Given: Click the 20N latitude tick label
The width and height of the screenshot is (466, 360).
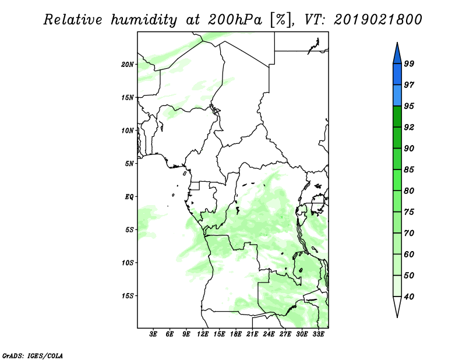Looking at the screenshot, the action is [128, 65].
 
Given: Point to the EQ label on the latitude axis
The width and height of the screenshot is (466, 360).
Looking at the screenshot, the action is [129, 197].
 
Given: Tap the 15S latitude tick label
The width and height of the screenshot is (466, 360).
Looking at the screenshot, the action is [128, 296].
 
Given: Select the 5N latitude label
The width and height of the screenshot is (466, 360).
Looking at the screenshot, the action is [129, 164].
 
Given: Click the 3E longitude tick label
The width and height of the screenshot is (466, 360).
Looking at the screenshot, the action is [153, 334].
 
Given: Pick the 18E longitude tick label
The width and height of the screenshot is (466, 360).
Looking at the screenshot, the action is [236, 334].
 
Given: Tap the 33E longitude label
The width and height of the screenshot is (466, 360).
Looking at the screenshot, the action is [318, 334].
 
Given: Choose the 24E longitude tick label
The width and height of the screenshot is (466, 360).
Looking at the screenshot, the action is [269, 334].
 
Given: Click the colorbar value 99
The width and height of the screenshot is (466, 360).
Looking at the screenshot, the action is [409, 63].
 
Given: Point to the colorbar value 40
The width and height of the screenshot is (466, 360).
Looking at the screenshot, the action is [409, 297].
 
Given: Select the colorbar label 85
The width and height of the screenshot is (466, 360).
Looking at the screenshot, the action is [409, 170].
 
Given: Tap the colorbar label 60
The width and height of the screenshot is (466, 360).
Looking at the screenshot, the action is [409, 254].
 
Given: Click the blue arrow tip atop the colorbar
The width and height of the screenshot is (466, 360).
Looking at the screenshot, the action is [397, 43].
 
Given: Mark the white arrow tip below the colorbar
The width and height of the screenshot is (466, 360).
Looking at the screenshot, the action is [397, 317].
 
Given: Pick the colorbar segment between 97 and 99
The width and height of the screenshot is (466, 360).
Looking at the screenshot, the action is [397, 75].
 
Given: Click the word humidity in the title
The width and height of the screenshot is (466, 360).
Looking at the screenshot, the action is [144, 20].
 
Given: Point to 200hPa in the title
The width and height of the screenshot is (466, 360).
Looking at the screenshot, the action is [235, 20].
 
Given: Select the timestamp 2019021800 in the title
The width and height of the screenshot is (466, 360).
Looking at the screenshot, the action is [378, 19].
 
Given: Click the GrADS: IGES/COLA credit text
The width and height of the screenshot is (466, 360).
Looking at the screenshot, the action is [33, 356].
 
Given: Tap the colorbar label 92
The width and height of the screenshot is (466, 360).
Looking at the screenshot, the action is [409, 127].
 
